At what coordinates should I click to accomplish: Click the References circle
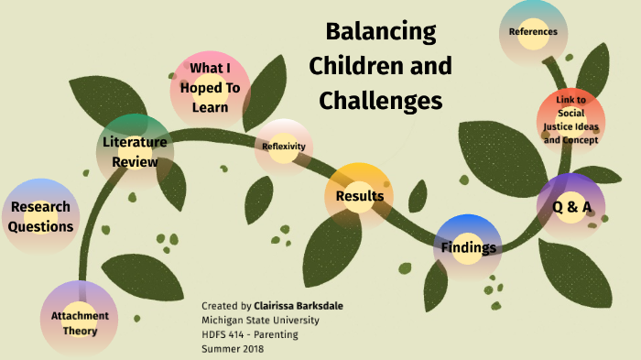[x=534, y=33]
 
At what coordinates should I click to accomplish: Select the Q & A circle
[x=570, y=206]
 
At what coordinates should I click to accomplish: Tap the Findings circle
[x=469, y=247]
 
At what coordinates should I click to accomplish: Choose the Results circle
[x=359, y=195]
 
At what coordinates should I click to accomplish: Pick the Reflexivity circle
[x=284, y=147]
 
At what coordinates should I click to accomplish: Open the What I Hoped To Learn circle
[x=211, y=88]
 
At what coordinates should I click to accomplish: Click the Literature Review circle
[x=135, y=152]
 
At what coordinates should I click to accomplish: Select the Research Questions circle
[x=40, y=216]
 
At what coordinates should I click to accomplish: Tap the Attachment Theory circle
[x=80, y=322]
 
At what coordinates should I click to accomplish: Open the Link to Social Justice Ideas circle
[x=570, y=120]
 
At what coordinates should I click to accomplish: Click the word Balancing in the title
[x=381, y=32]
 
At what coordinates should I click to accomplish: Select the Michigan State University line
[x=261, y=320]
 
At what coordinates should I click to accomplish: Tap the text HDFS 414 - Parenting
[x=249, y=333]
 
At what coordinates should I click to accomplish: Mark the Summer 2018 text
[x=231, y=348]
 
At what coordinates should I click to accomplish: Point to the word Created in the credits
[x=221, y=306]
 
